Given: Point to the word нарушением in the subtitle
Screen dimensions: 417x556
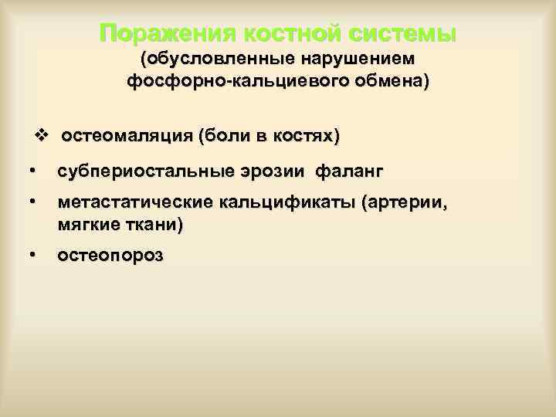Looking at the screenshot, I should point(354,59).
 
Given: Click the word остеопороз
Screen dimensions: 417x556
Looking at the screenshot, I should point(109,258).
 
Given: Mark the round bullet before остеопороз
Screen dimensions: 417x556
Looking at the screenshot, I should point(30,256).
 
